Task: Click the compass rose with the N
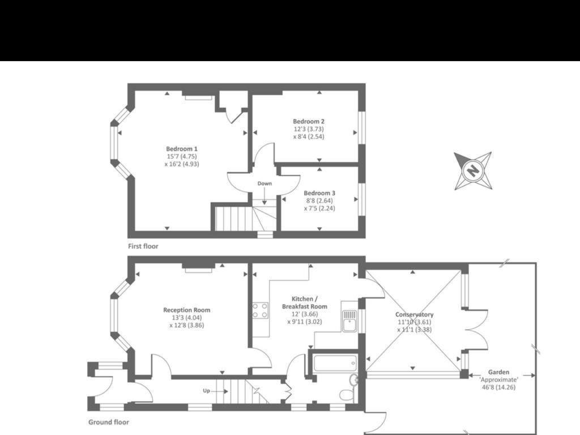[472, 170]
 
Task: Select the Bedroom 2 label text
[308, 121]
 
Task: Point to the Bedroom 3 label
[319, 193]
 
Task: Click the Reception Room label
[186, 310]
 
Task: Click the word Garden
[499, 372]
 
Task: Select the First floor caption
[143, 246]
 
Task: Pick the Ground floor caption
[108, 422]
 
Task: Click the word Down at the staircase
[265, 184]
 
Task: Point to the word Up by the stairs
[206, 391]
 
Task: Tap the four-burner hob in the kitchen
[261, 310]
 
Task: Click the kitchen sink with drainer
[349, 320]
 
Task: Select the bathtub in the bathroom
[335, 362]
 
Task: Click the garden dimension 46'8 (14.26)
[498, 387]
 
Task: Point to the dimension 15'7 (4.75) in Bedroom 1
[181, 156]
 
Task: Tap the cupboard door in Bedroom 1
[235, 116]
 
